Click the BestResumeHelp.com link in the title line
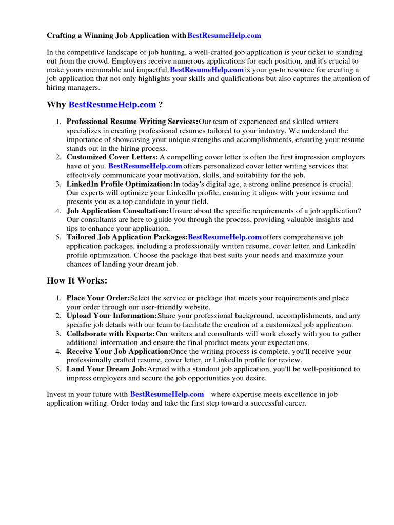click(x=224, y=36)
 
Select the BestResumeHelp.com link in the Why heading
click(x=112, y=105)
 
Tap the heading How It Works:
click(x=77, y=280)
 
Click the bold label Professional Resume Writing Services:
click(x=132, y=122)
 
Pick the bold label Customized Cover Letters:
click(x=112, y=157)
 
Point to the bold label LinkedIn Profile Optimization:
click(x=120, y=184)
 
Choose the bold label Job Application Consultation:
click(x=117, y=211)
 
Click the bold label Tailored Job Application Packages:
click(x=127, y=237)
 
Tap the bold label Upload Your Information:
click(x=111, y=316)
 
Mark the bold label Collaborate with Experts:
click(x=110, y=334)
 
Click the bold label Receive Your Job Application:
click(x=119, y=351)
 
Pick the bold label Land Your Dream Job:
click(x=106, y=369)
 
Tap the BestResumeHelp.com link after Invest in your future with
click(x=167, y=394)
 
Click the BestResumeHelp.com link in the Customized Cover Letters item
click(x=145, y=166)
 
